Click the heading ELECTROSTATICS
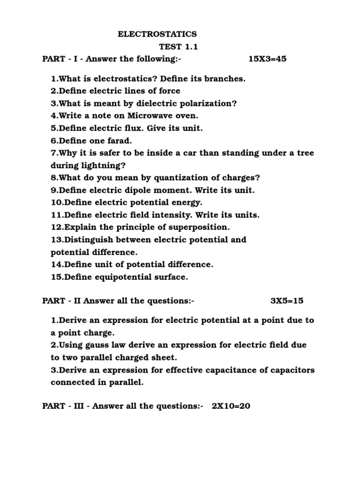(x=157, y=34)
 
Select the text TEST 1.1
(x=176, y=46)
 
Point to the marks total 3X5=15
(x=287, y=301)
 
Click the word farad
(x=120, y=141)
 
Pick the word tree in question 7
(x=305, y=153)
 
